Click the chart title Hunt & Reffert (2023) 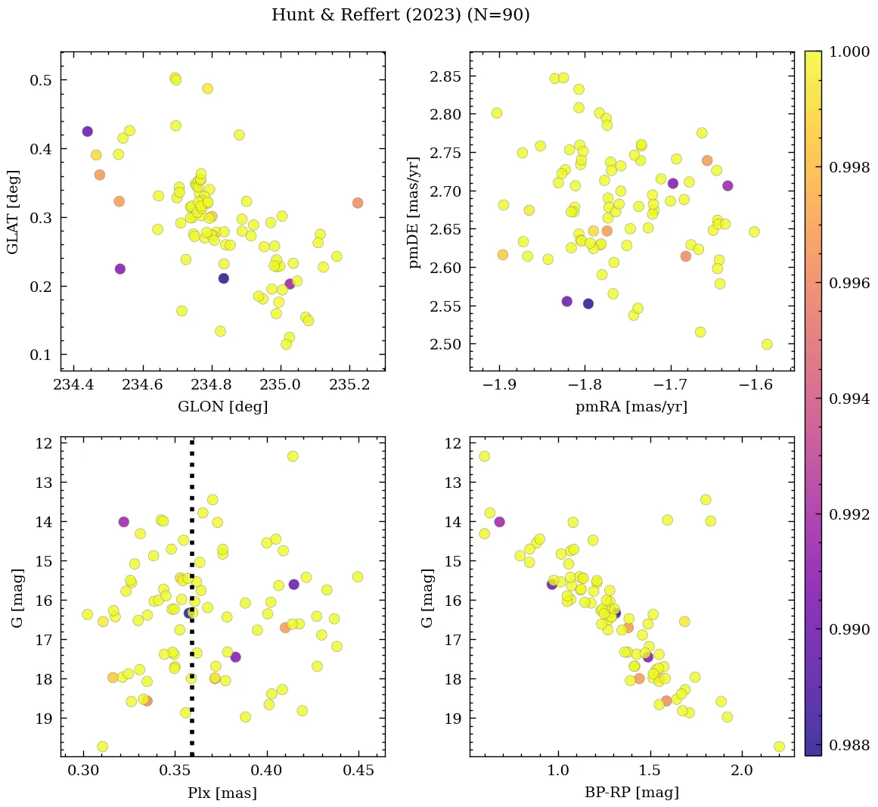coord(400,15)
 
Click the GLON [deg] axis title coord(222,407)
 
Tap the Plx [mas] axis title coord(222,793)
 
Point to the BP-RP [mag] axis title coord(631,793)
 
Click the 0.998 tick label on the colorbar coord(849,168)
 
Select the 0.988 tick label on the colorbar coord(849,746)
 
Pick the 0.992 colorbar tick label coord(849,514)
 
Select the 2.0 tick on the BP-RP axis coord(742,771)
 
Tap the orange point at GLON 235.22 coord(358,203)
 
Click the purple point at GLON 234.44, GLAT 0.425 coord(88,132)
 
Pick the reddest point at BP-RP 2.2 coord(779,746)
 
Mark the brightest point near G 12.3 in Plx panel coord(293,456)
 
